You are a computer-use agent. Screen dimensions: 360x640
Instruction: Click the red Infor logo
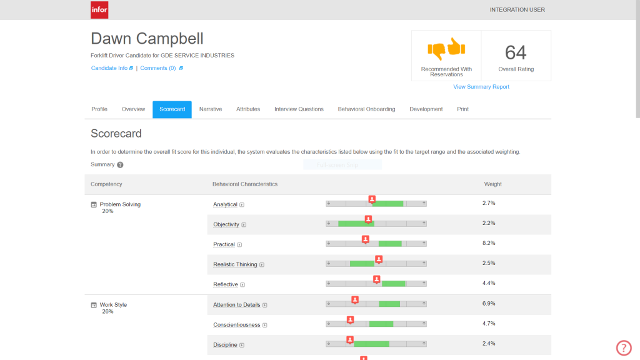[x=99, y=9]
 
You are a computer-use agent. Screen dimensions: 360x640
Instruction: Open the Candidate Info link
[x=109, y=68]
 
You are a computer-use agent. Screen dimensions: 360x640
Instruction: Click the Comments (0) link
[x=158, y=68]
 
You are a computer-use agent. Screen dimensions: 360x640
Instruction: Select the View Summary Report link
[x=481, y=87]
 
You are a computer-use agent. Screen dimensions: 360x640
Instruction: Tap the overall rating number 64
[x=516, y=52]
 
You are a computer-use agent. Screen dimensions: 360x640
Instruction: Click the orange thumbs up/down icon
[x=446, y=48]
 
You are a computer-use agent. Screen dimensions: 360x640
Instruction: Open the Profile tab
[x=99, y=109]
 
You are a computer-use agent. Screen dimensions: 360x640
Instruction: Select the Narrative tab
[x=211, y=109]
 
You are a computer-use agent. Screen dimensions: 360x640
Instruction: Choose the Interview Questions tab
[x=299, y=109]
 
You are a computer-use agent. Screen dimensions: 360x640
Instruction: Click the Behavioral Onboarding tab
[x=366, y=109]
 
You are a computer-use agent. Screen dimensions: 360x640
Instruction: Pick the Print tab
[x=462, y=109]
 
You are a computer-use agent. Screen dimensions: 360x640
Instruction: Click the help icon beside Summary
[x=120, y=165]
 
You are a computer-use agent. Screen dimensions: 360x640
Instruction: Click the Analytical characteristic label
[x=225, y=204]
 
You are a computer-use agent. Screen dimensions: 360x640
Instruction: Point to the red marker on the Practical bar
[x=366, y=239]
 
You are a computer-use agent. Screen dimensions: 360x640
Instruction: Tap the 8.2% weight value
[x=489, y=243]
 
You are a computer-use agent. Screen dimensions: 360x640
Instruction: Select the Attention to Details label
[x=236, y=305]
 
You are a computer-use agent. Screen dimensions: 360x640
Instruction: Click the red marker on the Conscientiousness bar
[x=351, y=319]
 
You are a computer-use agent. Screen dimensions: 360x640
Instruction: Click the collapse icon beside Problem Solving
[x=94, y=204]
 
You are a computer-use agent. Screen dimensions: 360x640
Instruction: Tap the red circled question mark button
[x=624, y=348]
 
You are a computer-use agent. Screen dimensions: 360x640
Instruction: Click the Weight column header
[x=492, y=184]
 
